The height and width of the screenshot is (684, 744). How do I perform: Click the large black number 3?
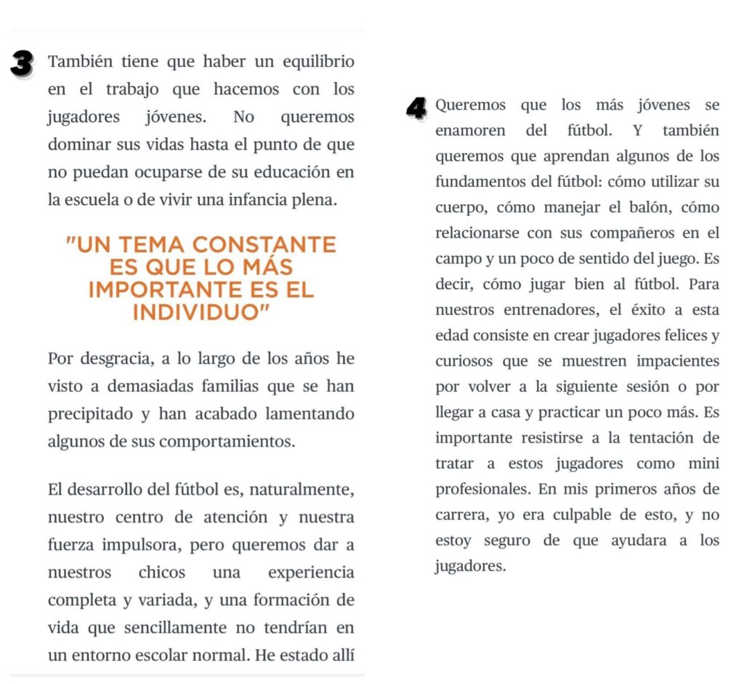[x=23, y=64]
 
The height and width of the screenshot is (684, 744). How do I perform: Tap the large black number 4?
[x=416, y=109]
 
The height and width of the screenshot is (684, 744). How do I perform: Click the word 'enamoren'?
[x=471, y=132]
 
